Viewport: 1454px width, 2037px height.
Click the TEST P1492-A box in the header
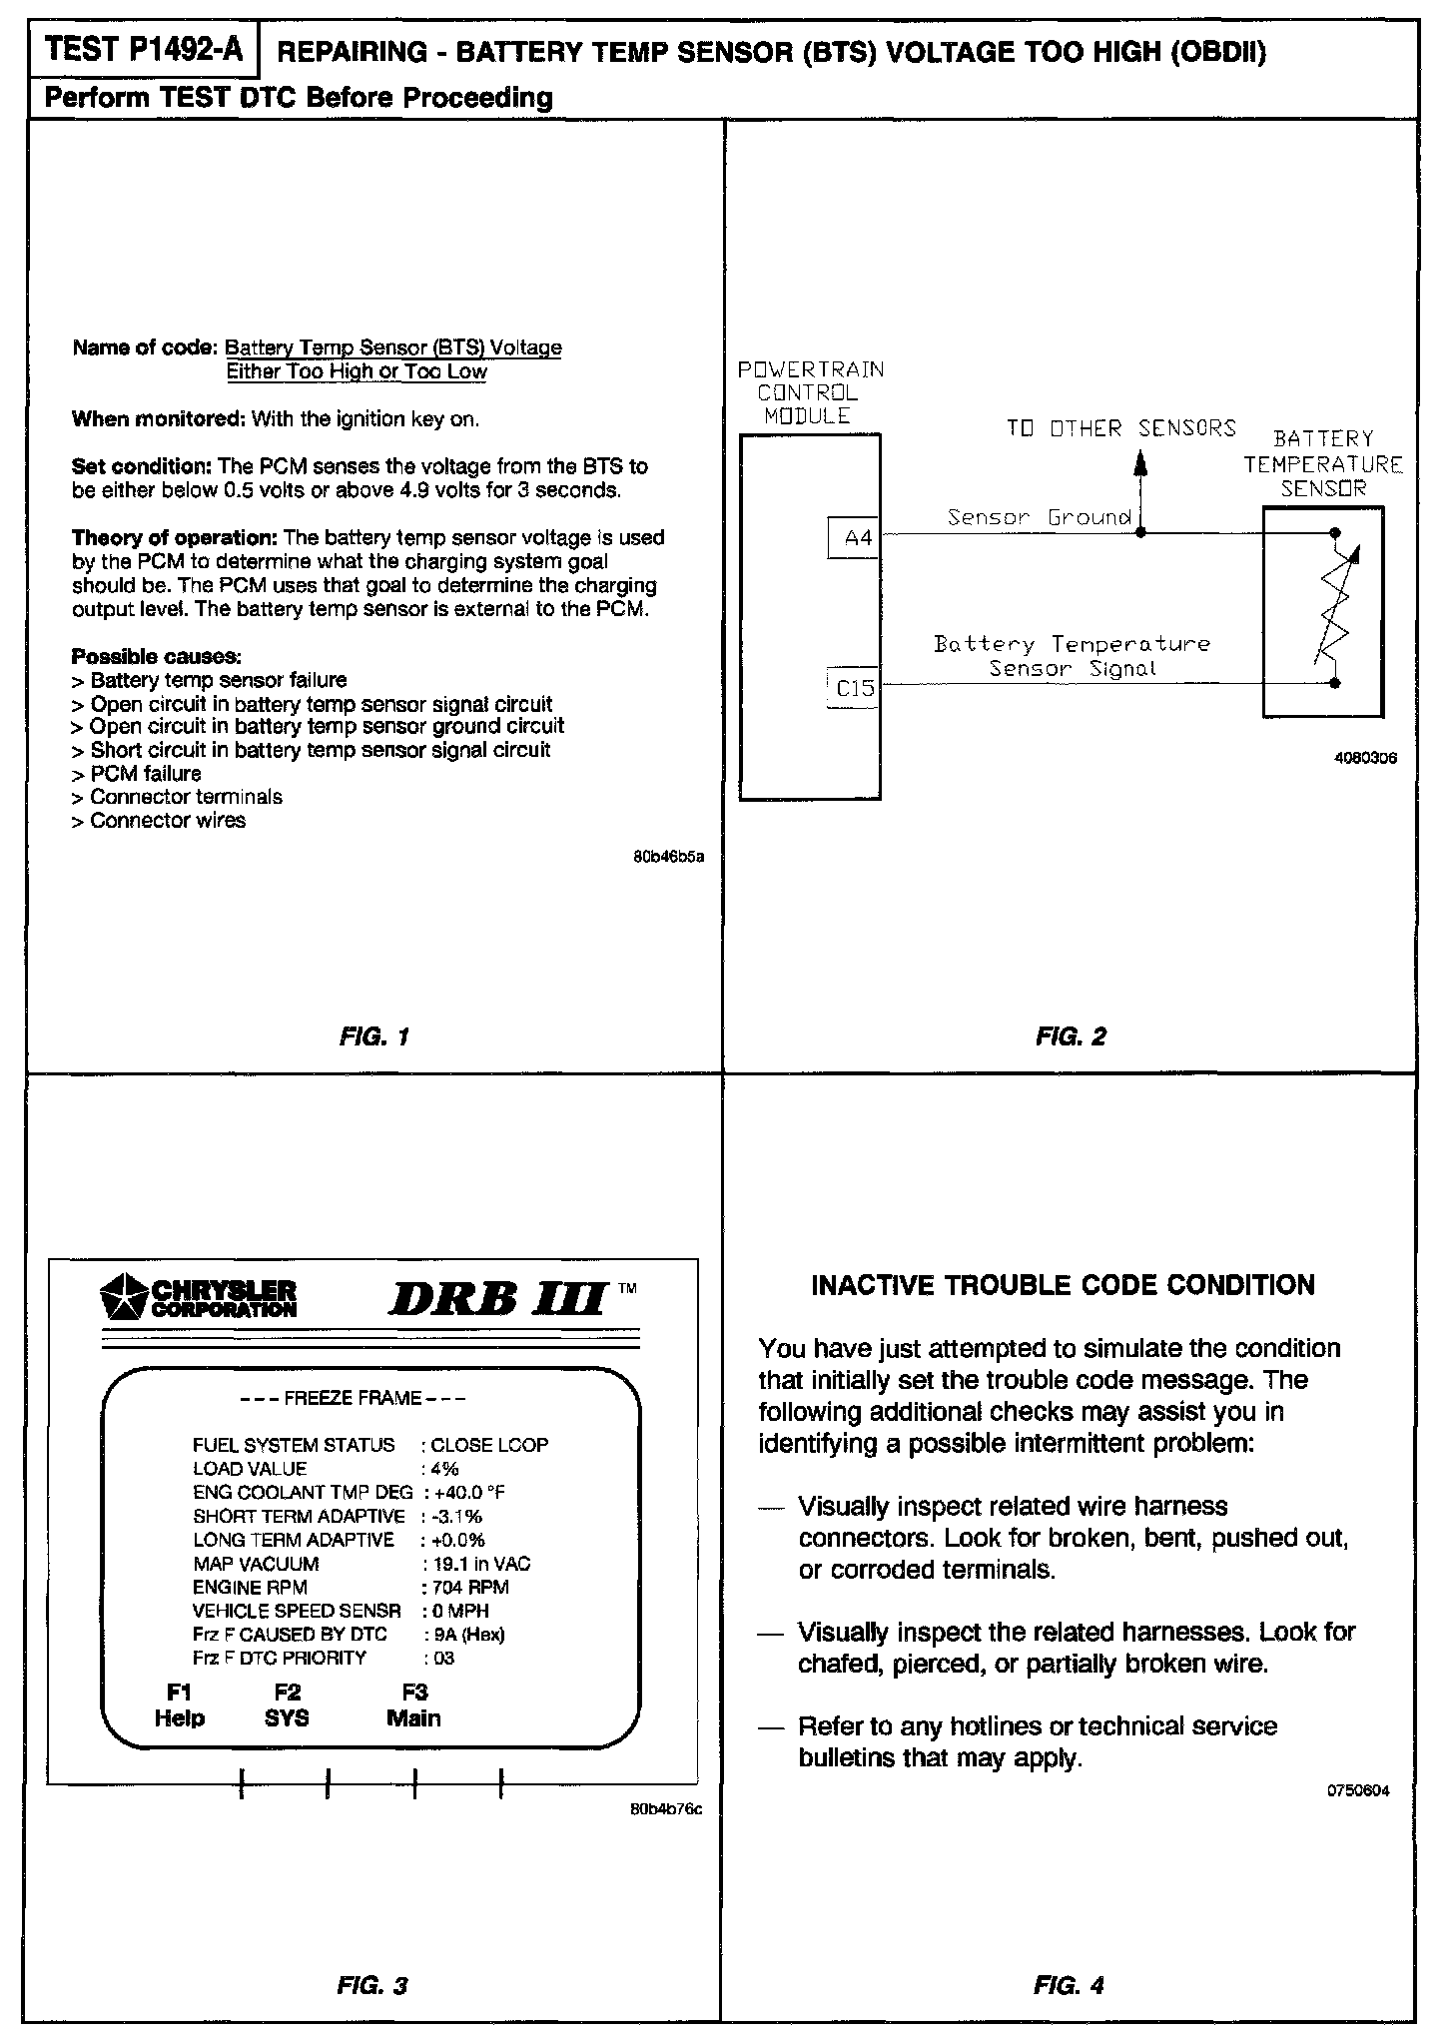tap(144, 51)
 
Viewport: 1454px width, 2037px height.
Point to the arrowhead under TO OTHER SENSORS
tap(1142, 463)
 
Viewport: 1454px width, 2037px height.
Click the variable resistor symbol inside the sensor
tap(1335, 609)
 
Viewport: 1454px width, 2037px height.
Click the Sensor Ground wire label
tap(1039, 517)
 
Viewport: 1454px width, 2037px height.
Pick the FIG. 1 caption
tap(374, 1036)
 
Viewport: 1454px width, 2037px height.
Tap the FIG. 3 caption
tap(372, 1986)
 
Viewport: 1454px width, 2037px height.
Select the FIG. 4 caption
tap(1069, 1986)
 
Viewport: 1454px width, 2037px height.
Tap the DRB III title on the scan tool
tap(496, 1299)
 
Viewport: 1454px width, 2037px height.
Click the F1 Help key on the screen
tap(180, 1705)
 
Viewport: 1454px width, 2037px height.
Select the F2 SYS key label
tap(287, 1705)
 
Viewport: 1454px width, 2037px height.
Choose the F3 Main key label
tap(413, 1705)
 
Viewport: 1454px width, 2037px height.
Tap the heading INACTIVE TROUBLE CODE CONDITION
tap(1063, 1285)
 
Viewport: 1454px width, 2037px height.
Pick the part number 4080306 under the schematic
tap(1365, 758)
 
